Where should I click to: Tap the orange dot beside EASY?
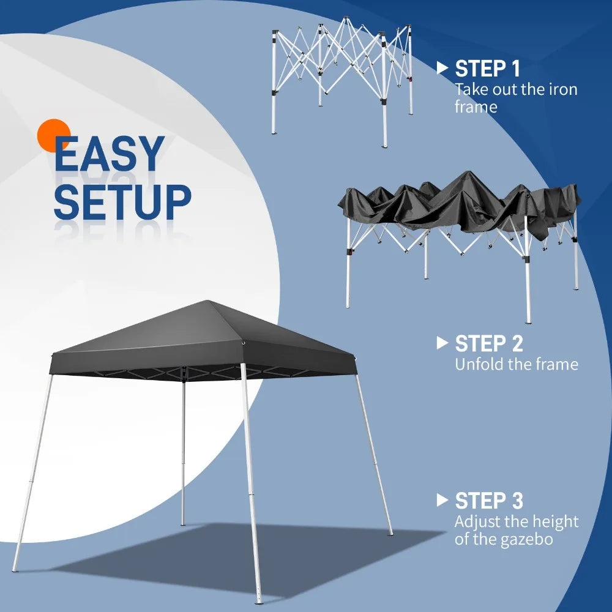[53, 135]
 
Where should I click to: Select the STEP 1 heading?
[488, 69]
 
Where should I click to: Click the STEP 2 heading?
[488, 343]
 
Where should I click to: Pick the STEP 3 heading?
[488, 501]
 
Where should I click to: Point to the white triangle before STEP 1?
[442, 68]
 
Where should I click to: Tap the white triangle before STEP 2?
[442, 343]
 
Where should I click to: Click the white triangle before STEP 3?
[442, 500]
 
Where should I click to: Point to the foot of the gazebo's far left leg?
[15, 570]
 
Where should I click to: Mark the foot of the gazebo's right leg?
[390, 533]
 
